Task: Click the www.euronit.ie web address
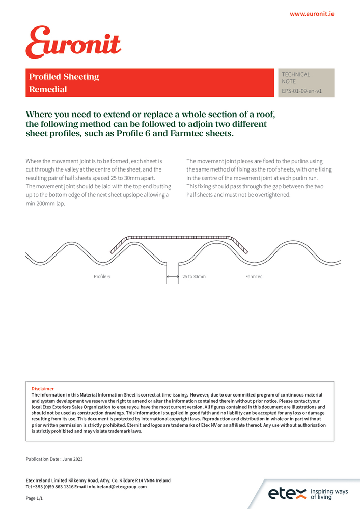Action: tap(312, 14)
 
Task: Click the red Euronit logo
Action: tap(73, 43)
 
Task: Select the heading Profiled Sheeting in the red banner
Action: tap(64, 77)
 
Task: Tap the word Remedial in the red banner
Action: tap(48, 89)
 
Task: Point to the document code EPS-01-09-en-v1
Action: tap(301, 91)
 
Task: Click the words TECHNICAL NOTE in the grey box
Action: tap(296, 78)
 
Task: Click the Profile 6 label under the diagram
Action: tap(102, 277)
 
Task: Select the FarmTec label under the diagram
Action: tap(254, 277)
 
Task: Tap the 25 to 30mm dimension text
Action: tap(194, 277)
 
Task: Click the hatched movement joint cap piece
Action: tap(178, 238)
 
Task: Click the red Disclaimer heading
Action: tap(43, 388)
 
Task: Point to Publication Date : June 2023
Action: tap(54, 459)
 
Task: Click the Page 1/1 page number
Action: tap(35, 499)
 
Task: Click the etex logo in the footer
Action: tap(287, 493)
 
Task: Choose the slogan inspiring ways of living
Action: tap(329, 494)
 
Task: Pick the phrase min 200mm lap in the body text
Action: tap(46, 204)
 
